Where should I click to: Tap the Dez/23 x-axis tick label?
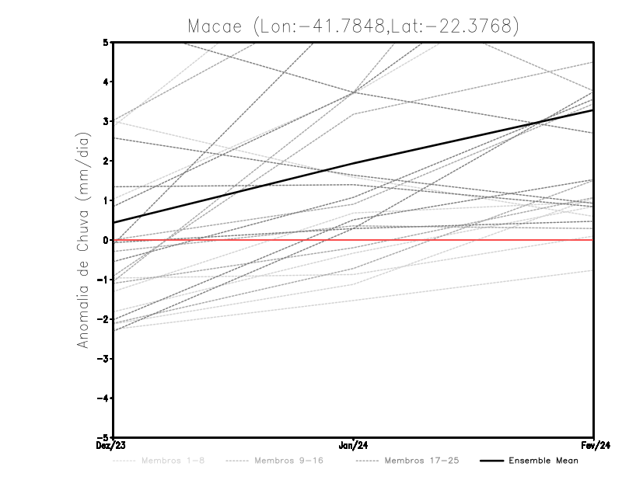pyautogui.click(x=114, y=446)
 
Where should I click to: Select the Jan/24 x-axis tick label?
pyautogui.click(x=354, y=446)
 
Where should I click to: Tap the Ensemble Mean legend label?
pyautogui.click(x=543, y=461)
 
